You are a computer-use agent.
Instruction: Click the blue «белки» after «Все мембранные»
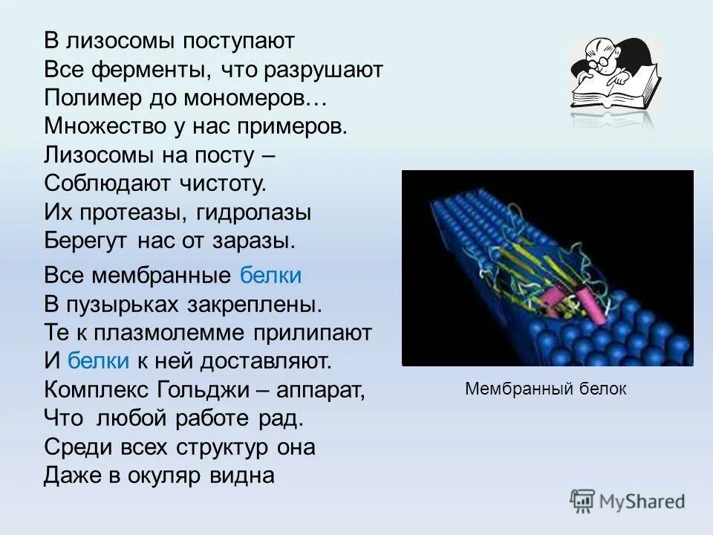[x=271, y=276]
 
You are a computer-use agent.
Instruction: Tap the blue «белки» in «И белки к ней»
[x=99, y=361]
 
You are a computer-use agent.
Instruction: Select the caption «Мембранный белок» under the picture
[x=546, y=389]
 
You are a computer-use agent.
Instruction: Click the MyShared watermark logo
[x=627, y=502]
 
